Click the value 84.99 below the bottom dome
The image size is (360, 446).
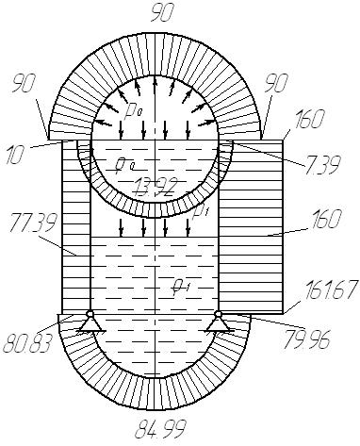click(x=160, y=429)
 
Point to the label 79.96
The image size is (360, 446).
click(x=306, y=339)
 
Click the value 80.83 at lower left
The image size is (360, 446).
click(x=27, y=342)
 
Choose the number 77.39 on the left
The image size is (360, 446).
click(x=34, y=223)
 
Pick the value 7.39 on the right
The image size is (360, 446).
click(x=322, y=164)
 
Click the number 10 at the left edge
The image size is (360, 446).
click(x=15, y=155)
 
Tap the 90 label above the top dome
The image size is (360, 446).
click(x=162, y=12)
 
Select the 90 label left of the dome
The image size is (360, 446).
click(x=25, y=83)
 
